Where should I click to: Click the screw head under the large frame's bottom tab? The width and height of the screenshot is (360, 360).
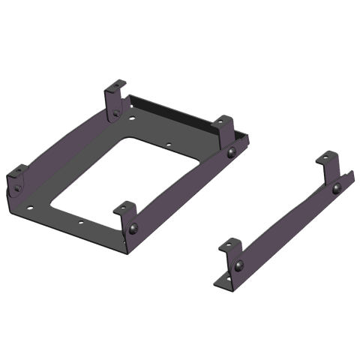click(134, 226)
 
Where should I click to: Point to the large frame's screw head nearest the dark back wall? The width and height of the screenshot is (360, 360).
click(232, 153)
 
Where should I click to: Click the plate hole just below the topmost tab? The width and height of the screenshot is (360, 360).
click(133, 118)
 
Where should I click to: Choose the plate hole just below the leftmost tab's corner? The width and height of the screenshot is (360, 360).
click(30, 205)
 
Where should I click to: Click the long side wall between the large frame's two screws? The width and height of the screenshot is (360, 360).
click(180, 191)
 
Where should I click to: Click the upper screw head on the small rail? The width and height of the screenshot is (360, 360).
click(337, 187)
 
